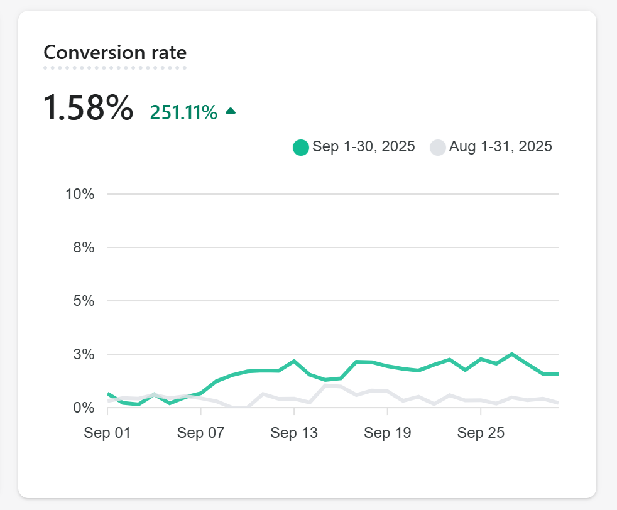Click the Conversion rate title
pyautogui.click(x=115, y=53)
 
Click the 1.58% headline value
pyautogui.click(x=88, y=108)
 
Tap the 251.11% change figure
pyautogui.click(x=183, y=112)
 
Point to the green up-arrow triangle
pyautogui.click(x=231, y=111)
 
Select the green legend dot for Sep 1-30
pyautogui.click(x=301, y=147)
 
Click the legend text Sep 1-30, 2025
pyautogui.click(x=364, y=147)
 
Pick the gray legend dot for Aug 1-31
pyautogui.click(x=438, y=147)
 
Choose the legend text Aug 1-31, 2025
pyautogui.click(x=501, y=147)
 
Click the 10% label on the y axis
pyautogui.click(x=80, y=194)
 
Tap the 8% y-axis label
pyautogui.click(x=84, y=247)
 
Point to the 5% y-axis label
pyautogui.click(x=84, y=301)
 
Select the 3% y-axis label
pyautogui.click(x=84, y=354)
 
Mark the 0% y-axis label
pyautogui.click(x=84, y=408)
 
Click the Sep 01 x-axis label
pyautogui.click(x=107, y=433)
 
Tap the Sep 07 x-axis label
pyautogui.click(x=200, y=433)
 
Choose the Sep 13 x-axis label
pyautogui.click(x=294, y=433)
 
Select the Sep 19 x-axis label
pyautogui.click(x=387, y=433)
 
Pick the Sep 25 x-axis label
pyautogui.click(x=481, y=433)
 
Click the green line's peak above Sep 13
pyautogui.click(x=294, y=361)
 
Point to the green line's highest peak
pyautogui.click(x=512, y=354)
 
